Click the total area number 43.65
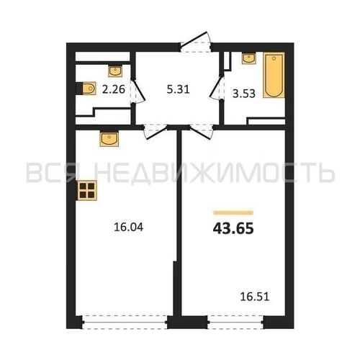(233, 228)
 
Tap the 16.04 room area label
(128, 227)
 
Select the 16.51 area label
(255, 297)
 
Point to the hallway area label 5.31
(178, 89)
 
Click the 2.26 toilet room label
(114, 89)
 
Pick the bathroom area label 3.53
(244, 94)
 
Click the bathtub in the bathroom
(274, 75)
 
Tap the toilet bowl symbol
(88, 89)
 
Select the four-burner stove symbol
(87, 191)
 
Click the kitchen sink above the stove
(109, 139)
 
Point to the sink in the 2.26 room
(115, 71)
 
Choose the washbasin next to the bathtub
(249, 58)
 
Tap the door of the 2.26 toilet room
(138, 90)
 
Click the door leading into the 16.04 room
(156, 132)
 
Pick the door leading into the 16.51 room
(201, 132)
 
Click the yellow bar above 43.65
(233, 212)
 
